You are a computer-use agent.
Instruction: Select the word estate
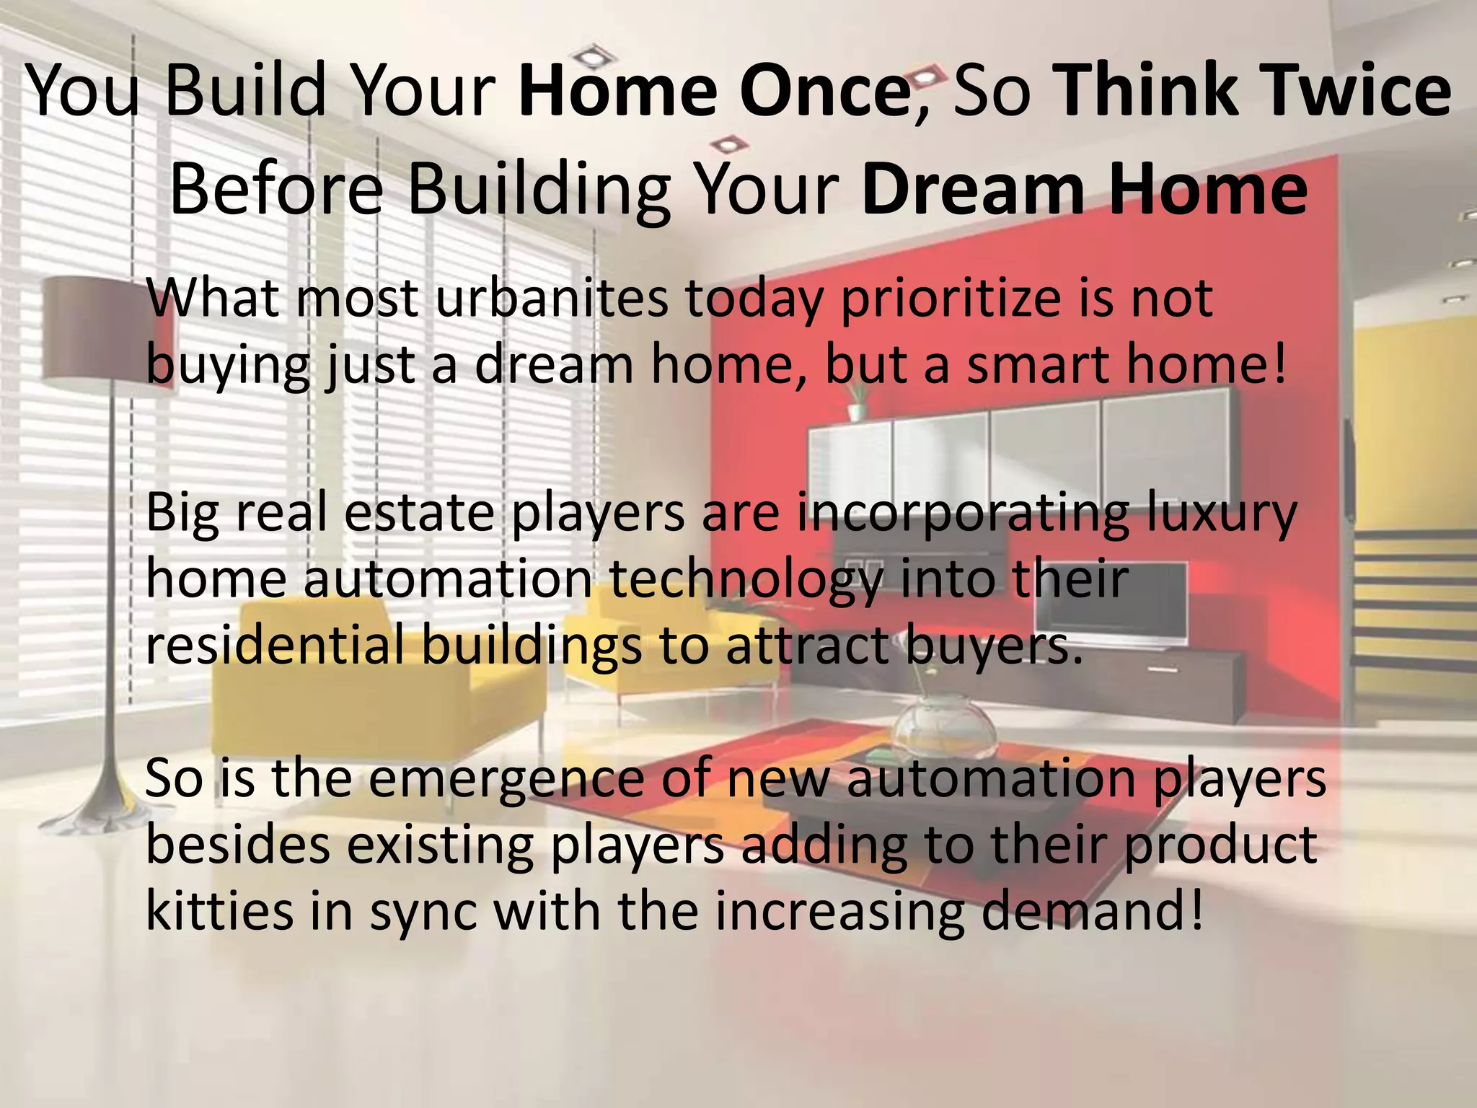pos(419,513)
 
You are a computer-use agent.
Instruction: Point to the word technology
pos(746,580)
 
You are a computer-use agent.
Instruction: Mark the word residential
pos(274,645)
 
